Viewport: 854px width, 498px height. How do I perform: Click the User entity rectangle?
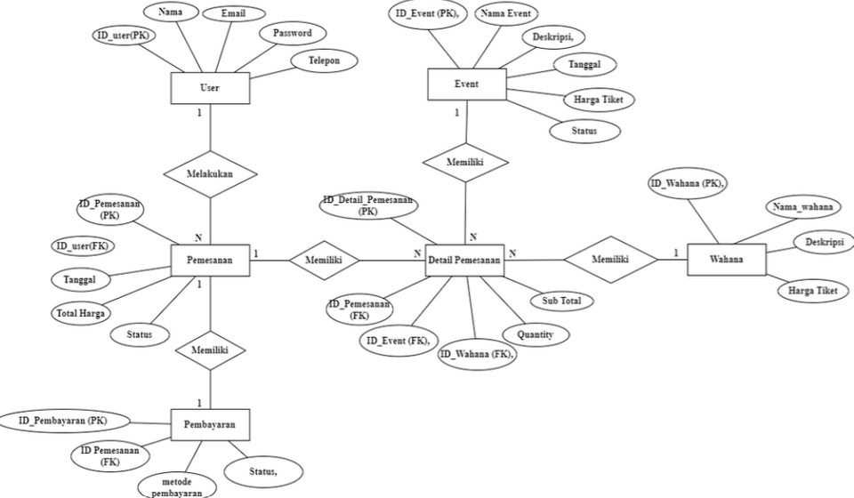(209, 88)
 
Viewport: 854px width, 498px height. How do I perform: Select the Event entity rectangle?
(466, 84)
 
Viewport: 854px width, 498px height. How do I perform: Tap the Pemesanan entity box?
(209, 260)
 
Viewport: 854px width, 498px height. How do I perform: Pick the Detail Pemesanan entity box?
(465, 260)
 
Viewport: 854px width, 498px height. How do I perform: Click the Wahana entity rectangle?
(726, 260)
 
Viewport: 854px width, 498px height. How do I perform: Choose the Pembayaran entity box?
(209, 425)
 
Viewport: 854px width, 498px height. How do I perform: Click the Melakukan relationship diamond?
(209, 175)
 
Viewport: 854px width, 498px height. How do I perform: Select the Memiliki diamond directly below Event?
(465, 163)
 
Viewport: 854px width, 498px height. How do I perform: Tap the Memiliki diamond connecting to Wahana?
(610, 260)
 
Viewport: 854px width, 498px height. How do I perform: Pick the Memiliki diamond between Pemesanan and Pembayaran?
(209, 350)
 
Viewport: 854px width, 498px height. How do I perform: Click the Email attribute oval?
(234, 14)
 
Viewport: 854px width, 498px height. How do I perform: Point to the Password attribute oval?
(292, 34)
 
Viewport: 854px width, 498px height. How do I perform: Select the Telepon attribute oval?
(325, 60)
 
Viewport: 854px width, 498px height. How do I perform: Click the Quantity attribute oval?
(535, 334)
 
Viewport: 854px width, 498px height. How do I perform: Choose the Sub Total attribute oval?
(561, 301)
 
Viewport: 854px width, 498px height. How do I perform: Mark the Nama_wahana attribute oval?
(802, 207)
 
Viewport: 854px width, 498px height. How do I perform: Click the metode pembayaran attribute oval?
(176, 486)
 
